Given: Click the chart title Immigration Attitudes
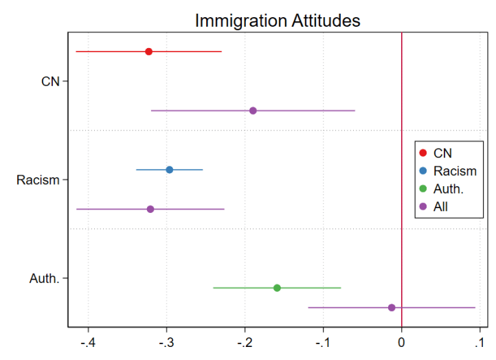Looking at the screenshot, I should click(278, 21).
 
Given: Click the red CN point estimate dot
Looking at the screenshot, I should click(148, 52).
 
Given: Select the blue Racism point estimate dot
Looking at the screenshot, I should click(170, 170).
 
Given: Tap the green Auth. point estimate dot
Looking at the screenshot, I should click(277, 288).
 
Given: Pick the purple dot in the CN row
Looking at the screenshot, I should click(253, 111).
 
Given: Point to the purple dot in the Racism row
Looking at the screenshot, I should click(150, 209).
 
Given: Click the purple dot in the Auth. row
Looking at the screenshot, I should click(392, 307).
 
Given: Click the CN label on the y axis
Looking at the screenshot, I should click(50, 82).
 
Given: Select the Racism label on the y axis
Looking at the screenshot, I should click(38, 180).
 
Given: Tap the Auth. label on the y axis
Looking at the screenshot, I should click(45, 278).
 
